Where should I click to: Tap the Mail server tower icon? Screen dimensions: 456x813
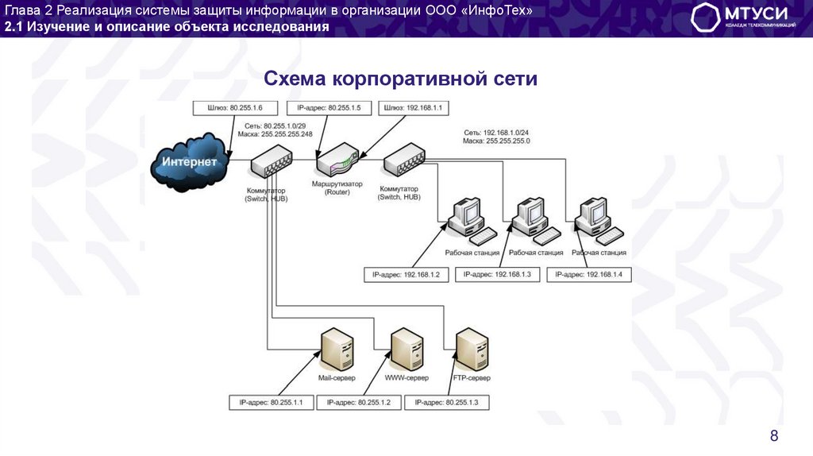(x=333, y=350)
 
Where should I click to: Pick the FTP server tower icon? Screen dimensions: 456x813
(x=471, y=350)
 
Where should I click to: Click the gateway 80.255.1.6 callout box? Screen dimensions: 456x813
(x=223, y=107)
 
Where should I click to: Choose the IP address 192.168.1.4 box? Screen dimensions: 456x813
(x=588, y=274)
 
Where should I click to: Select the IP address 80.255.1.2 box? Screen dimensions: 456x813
(x=358, y=403)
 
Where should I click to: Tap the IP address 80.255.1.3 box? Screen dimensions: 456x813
(x=446, y=403)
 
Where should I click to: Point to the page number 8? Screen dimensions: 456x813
(x=774, y=435)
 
